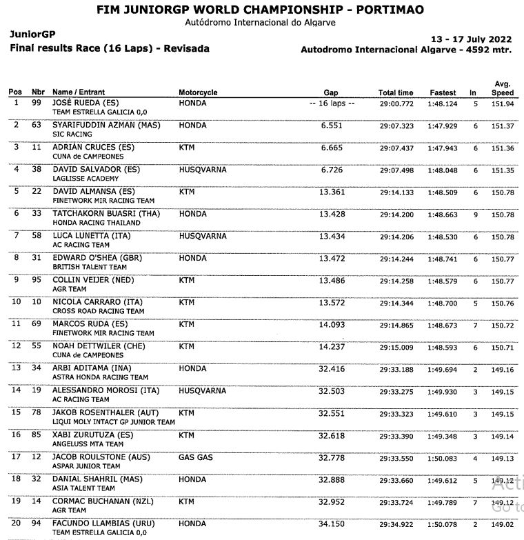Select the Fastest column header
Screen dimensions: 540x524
click(x=443, y=92)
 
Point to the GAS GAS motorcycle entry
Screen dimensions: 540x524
click(x=196, y=457)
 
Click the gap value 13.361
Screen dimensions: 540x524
click(x=332, y=192)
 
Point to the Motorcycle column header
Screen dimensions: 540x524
click(x=198, y=92)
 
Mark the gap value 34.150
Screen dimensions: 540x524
click(x=332, y=524)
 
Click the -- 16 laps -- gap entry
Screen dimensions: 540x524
click(x=332, y=103)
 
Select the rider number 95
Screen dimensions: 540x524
click(x=38, y=280)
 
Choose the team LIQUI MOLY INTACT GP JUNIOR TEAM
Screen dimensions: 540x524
click(x=114, y=422)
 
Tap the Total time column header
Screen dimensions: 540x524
click(x=396, y=92)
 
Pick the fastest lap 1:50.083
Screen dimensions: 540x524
click(x=442, y=457)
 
